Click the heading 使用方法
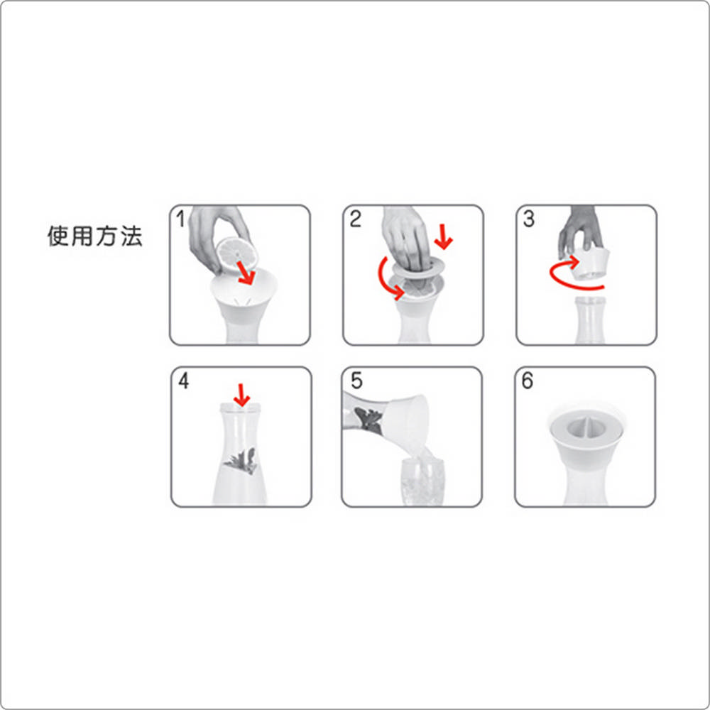coord(95,236)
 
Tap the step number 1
coord(180,219)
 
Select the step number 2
coord(356,219)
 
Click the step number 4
coord(183,381)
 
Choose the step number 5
coord(356,381)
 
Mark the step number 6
coord(528,381)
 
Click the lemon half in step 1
coord(237,254)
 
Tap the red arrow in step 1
coord(246,273)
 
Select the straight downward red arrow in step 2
coord(443,237)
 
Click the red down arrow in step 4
coord(242,395)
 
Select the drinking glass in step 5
coord(422,481)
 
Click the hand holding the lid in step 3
coord(580,231)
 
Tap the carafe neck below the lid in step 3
coord(589,319)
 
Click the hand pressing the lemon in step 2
coord(405,238)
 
